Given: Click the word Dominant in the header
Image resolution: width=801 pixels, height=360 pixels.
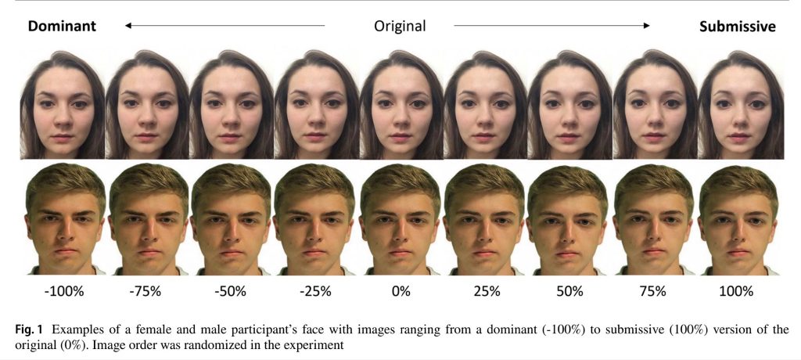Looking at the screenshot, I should (x=62, y=26).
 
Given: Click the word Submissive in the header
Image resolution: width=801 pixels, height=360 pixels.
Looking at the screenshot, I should (x=737, y=26).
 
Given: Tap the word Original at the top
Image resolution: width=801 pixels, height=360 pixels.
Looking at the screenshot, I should (x=400, y=26).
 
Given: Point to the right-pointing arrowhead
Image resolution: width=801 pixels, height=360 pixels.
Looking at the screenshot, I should (x=645, y=26).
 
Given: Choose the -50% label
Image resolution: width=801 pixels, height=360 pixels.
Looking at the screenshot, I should (x=230, y=291).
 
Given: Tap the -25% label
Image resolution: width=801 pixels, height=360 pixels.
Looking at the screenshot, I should (x=315, y=291).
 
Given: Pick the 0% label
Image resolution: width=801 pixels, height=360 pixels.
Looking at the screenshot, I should (x=400, y=291).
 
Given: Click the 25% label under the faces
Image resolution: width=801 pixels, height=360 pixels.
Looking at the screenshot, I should (x=485, y=291).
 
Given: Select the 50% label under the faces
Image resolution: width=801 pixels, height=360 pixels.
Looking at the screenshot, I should (x=569, y=291).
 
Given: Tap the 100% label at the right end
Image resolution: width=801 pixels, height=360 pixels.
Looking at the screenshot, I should (x=736, y=291).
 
